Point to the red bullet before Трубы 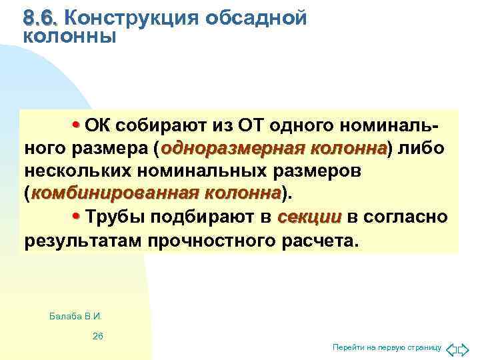(76, 217)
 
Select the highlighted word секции (309, 217)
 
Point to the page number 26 (97, 335)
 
